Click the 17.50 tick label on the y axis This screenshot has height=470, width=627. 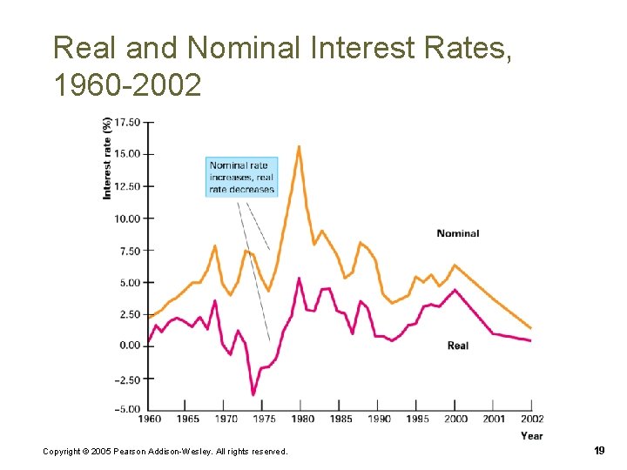127,122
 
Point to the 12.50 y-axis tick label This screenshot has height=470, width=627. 127,186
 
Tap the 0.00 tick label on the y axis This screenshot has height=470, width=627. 130,346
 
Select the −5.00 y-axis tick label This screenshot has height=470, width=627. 127,409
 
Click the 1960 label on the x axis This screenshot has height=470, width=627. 150,420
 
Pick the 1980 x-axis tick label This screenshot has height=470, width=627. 301,420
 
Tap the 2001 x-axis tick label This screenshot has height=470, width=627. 494,420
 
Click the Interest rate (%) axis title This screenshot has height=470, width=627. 107,158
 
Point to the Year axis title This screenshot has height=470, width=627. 532,435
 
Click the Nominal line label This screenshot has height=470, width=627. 457,233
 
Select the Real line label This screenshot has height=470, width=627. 457,346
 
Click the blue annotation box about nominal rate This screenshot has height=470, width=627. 241,177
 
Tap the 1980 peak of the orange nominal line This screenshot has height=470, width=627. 300,146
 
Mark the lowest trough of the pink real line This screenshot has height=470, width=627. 253,395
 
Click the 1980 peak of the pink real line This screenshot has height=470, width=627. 299,279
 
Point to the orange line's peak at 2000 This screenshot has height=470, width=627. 454,265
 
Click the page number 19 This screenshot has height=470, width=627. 599,450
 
